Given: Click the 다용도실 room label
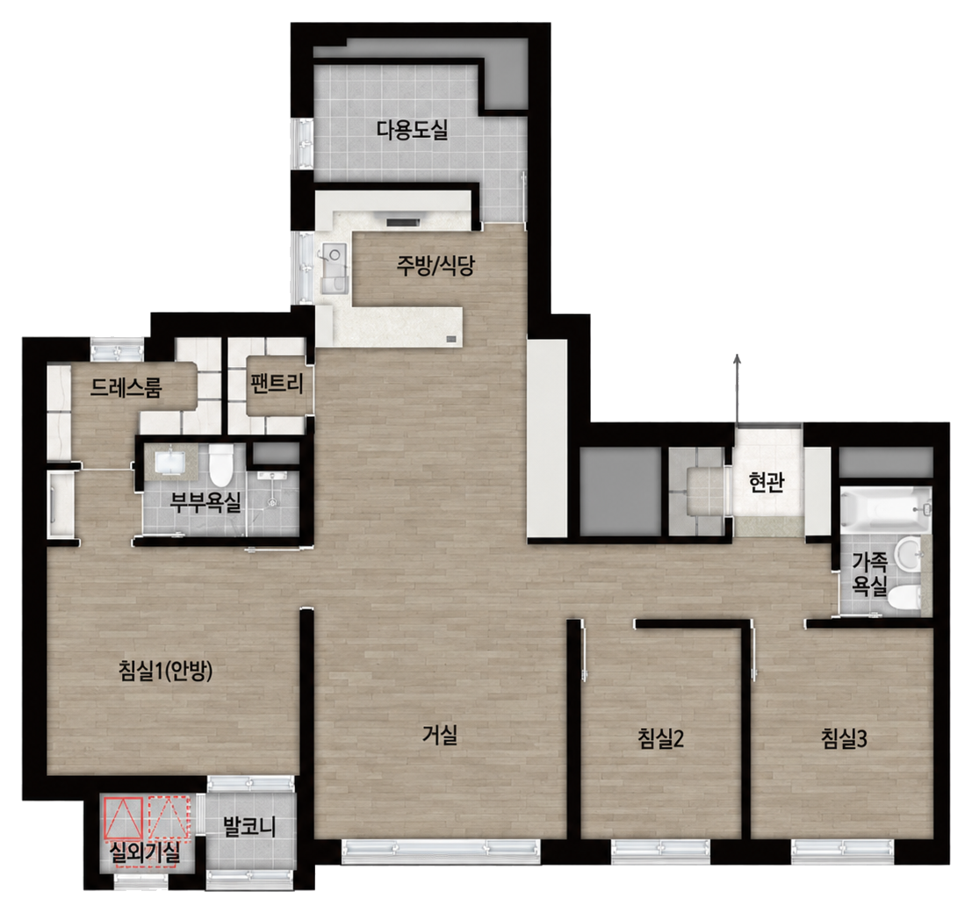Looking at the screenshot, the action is coord(412,130).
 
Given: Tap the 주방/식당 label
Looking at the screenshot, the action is coord(436,265).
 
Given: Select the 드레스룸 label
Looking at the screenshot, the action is coord(126,387).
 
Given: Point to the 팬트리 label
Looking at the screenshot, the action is coord(277,384).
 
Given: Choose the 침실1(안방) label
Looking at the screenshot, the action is coord(166,670).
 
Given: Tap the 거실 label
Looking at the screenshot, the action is coord(440,735).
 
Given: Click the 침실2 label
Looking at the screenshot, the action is coord(660,737).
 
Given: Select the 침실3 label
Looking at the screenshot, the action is coord(844,737).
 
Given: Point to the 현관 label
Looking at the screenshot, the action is coord(767,482).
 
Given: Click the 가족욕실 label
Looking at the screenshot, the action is coord(870,573).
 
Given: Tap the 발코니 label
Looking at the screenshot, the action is coord(248,826).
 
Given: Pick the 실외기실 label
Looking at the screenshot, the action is coord(144,853).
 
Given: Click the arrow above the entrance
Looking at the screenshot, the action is coord(737,389).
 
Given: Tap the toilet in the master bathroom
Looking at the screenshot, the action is coord(220,464).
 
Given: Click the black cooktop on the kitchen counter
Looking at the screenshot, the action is coord(403,220).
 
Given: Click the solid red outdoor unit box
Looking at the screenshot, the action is coord(124,816).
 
